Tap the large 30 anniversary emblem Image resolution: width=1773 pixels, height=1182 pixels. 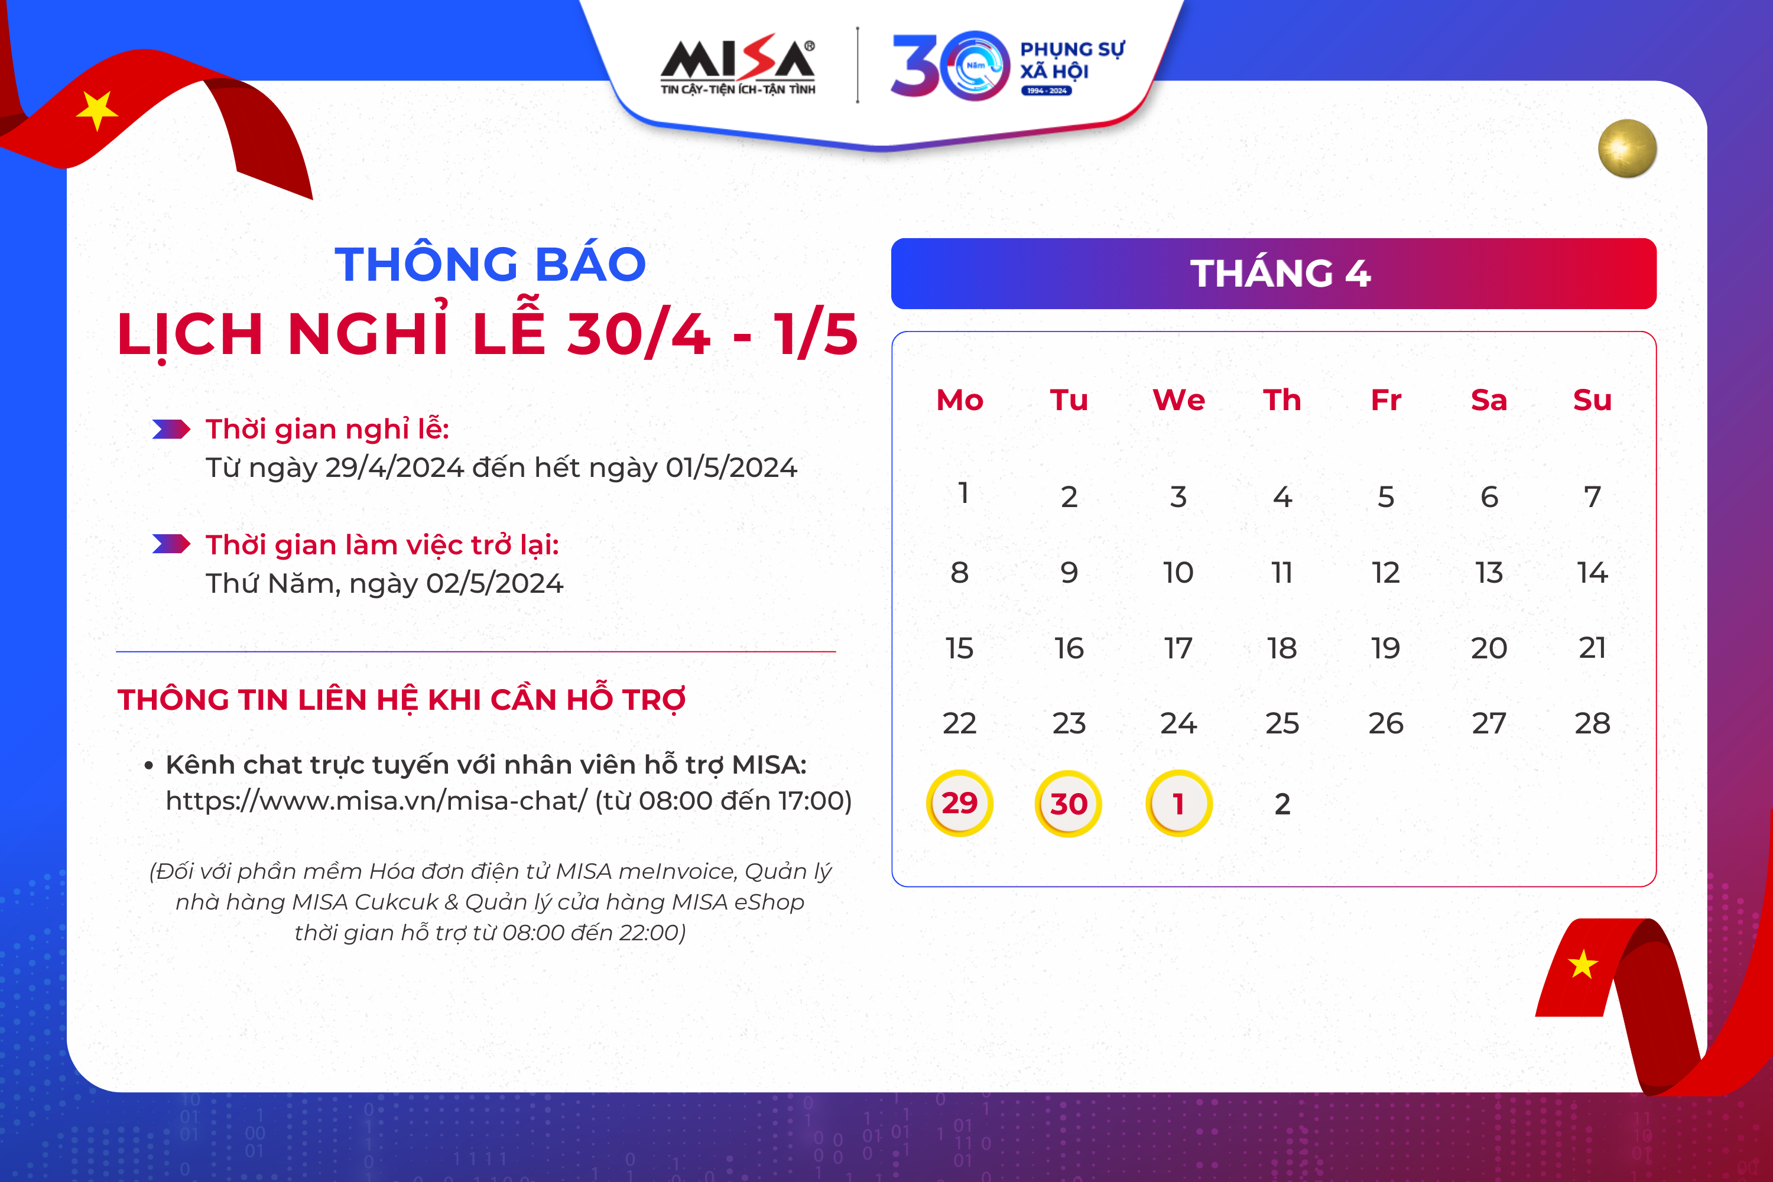(x=950, y=66)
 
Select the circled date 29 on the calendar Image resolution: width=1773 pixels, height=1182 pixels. (x=959, y=803)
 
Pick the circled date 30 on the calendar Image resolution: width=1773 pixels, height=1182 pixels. (x=1068, y=803)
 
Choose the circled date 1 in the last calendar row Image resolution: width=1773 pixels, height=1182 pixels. (x=1179, y=803)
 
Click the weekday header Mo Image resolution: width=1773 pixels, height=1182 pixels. (x=960, y=400)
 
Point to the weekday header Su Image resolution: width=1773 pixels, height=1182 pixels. (x=1592, y=400)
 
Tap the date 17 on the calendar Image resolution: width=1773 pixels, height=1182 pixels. (x=1178, y=648)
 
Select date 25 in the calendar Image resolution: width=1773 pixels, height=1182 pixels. (x=1282, y=723)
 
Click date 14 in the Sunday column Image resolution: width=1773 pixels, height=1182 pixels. (x=1592, y=572)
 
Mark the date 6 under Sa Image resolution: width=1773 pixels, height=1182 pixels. (x=1489, y=497)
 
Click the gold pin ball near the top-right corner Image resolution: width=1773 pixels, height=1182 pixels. (x=1628, y=148)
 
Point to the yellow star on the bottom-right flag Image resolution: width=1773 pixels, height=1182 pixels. (x=1582, y=964)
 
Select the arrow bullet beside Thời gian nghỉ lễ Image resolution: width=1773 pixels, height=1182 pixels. (x=171, y=429)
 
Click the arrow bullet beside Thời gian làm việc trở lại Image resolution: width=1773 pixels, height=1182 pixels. (x=171, y=544)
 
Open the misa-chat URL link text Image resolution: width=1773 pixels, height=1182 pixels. (x=376, y=801)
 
